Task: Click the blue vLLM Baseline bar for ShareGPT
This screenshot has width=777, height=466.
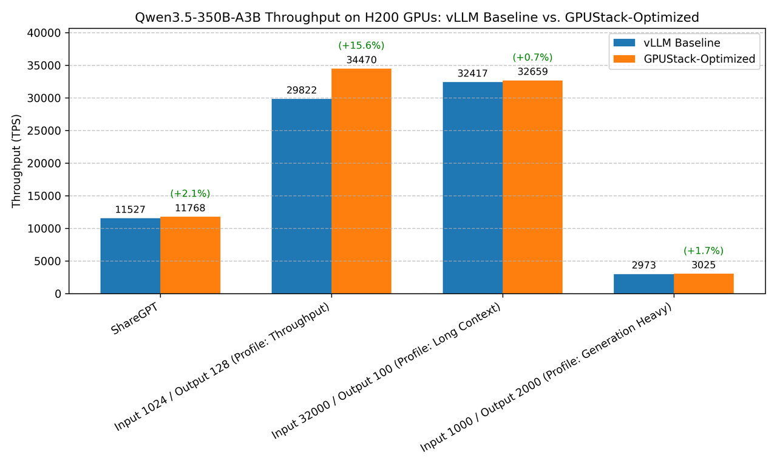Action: [131, 256]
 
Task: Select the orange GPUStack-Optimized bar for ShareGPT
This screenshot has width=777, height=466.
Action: [190, 255]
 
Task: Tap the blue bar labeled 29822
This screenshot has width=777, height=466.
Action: [302, 196]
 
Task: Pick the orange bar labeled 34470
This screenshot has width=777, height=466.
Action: [361, 181]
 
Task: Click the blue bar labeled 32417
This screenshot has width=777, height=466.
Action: [473, 188]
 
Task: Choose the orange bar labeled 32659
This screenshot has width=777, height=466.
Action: [532, 187]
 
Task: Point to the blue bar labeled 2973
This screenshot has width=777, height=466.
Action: [643, 284]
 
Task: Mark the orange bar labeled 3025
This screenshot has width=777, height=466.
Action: [704, 284]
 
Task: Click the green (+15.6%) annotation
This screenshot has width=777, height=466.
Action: [361, 46]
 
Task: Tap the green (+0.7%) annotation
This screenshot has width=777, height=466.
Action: [532, 58]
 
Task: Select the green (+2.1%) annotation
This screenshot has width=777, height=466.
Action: [190, 194]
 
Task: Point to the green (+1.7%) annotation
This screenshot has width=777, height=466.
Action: [704, 251]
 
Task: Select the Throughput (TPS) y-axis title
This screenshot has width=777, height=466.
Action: [16, 161]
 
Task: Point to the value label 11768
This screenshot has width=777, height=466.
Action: [190, 208]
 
